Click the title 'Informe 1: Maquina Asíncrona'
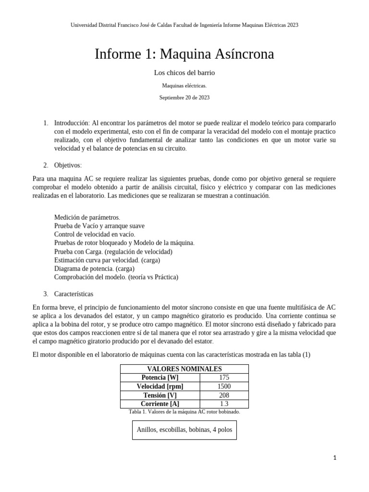point(184,54)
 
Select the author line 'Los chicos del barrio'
point(184,73)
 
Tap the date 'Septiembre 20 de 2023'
point(184,98)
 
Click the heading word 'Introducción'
point(72,123)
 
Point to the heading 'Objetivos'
point(68,165)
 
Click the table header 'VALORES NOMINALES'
point(184,369)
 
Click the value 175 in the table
point(224,378)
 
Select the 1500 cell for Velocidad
point(224,386)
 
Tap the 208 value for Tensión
point(224,395)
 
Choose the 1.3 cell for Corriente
point(224,404)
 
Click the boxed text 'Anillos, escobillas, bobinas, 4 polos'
point(184,430)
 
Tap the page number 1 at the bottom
point(335,458)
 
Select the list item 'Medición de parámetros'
point(87,217)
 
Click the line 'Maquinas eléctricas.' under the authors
point(184,86)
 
